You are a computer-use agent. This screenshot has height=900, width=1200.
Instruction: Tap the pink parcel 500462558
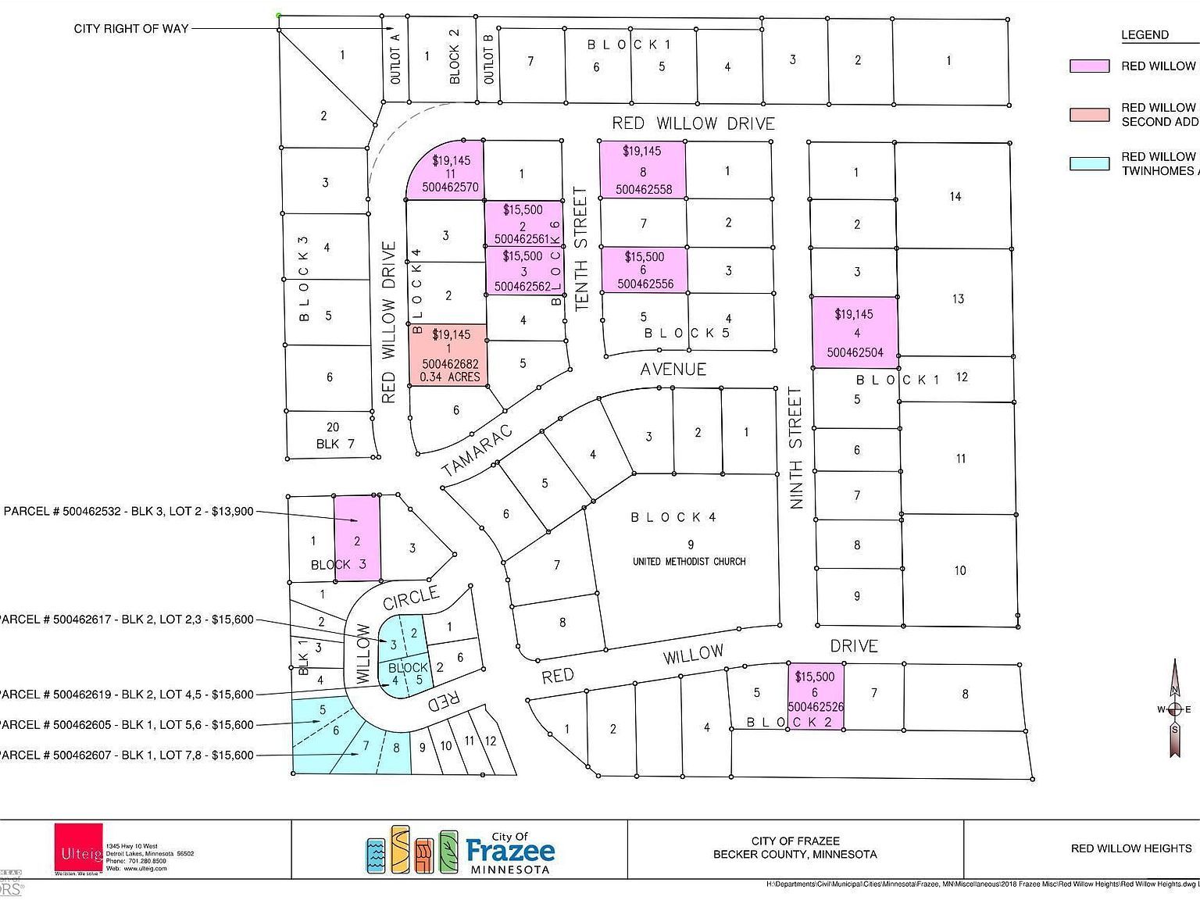[x=642, y=170]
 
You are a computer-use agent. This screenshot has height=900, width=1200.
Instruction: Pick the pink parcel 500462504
[x=854, y=333]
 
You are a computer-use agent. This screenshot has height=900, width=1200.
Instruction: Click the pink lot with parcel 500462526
[x=816, y=698]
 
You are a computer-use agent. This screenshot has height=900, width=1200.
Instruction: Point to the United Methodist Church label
[x=688, y=561]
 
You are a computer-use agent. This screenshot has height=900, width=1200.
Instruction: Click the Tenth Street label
[x=580, y=249]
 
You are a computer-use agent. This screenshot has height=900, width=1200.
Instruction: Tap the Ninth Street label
[x=796, y=448]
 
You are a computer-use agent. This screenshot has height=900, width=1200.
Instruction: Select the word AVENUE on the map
[x=673, y=369]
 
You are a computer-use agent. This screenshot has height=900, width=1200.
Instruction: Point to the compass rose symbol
[x=1173, y=709]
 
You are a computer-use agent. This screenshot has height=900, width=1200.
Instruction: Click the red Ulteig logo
[x=78, y=848]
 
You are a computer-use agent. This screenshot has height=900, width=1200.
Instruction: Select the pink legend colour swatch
[x=1089, y=66]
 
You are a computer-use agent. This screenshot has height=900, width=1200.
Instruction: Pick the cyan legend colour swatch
[x=1089, y=163]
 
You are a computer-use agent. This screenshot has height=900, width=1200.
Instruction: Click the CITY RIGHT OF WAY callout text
[x=131, y=29]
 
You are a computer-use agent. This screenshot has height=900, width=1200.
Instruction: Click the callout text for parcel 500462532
[x=129, y=512]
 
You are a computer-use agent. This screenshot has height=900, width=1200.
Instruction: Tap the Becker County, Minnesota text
[x=795, y=855]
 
